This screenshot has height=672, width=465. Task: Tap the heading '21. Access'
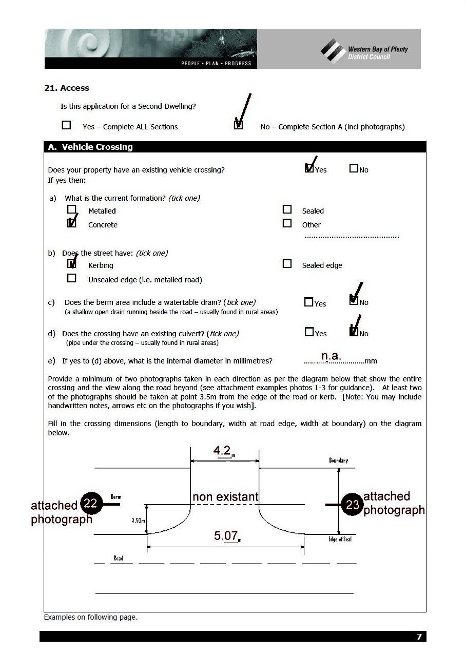point(67,88)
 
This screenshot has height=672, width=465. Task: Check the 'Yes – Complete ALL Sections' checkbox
point(66,125)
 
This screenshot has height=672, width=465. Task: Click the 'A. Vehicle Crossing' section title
point(90,147)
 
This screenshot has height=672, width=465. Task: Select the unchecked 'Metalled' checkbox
point(72,209)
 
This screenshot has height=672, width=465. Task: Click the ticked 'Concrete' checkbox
point(72,223)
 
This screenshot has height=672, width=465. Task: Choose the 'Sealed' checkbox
point(287,209)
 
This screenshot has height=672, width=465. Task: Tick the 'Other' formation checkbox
point(287,223)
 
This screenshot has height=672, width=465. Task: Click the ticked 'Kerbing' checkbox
point(72,264)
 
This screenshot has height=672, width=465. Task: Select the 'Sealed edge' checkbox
point(287,264)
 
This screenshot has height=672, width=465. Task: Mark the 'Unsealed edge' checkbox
point(72,278)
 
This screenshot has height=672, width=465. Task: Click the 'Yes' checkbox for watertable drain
point(308,302)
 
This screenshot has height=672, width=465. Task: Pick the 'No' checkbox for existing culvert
point(354,332)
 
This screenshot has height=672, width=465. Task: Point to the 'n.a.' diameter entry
point(331,356)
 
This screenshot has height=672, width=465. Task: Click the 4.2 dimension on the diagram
point(222,451)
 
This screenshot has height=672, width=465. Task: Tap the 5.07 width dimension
point(226,536)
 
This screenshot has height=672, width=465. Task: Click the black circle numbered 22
point(90,504)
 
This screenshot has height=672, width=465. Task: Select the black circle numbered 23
point(353,505)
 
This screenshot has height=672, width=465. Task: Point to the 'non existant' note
point(225,497)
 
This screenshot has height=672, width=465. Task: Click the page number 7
point(419,637)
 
